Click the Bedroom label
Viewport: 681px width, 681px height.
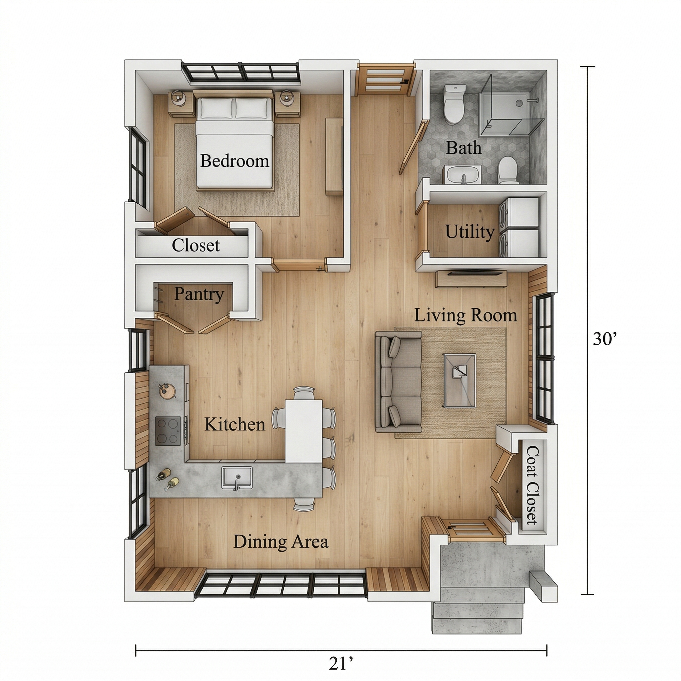pyautogui.click(x=234, y=161)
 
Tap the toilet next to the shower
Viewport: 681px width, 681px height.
pyautogui.click(x=454, y=104)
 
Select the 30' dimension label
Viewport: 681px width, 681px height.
pyautogui.click(x=605, y=339)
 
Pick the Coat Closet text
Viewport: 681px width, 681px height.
pyautogui.click(x=532, y=490)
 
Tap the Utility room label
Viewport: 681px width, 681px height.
pyautogui.click(x=470, y=232)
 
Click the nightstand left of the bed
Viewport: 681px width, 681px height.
pyautogui.click(x=181, y=103)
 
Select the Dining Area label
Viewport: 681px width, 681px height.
pyautogui.click(x=281, y=542)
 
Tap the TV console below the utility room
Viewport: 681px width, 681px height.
pyautogui.click(x=471, y=279)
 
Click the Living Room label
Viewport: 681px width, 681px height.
pyautogui.click(x=466, y=315)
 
